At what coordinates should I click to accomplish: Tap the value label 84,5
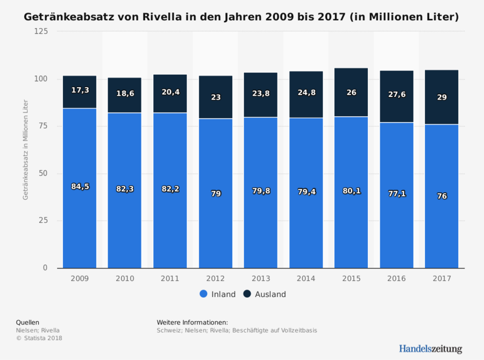[80, 187]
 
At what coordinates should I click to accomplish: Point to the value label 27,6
[396, 94]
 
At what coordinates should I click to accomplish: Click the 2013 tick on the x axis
[261, 279]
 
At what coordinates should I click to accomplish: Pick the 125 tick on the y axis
[41, 32]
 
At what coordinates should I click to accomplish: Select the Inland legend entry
[217, 294]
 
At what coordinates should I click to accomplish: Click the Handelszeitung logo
[430, 348]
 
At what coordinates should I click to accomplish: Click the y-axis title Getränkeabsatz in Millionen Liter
[25, 150]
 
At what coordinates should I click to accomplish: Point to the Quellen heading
[27, 322]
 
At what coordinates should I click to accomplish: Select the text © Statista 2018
[39, 338]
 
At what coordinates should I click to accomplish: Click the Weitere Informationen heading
[192, 322]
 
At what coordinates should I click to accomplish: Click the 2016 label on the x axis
[396, 279]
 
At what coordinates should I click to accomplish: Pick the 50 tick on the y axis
[43, 173]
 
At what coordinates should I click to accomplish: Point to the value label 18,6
[125, 93]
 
